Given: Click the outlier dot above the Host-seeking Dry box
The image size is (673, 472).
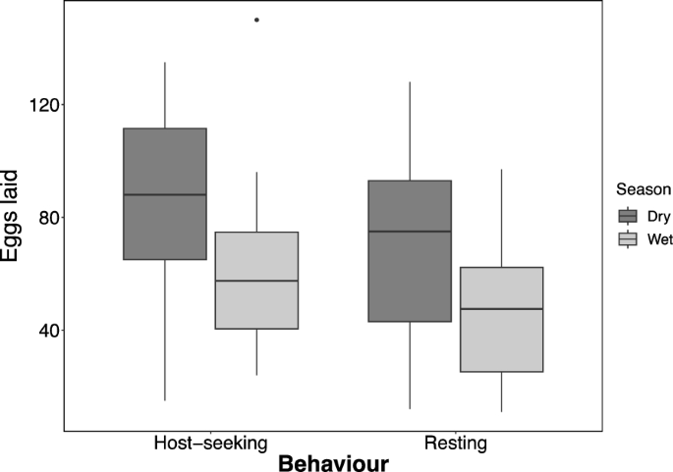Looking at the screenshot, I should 256,20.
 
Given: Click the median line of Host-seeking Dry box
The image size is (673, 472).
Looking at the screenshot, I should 165,194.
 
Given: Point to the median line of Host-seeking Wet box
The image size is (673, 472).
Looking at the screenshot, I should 256,281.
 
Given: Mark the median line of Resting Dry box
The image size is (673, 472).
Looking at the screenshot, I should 410,231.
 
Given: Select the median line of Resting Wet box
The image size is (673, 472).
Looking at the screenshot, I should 501,309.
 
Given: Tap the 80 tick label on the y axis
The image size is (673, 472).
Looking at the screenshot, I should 42,218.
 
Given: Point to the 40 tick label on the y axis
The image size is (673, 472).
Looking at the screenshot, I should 42,331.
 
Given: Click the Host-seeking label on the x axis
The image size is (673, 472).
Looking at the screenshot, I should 210,444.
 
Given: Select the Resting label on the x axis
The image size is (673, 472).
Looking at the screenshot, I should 455,444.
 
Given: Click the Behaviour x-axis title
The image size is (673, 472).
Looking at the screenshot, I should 332,462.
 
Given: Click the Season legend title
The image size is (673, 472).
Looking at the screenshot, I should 644,188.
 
